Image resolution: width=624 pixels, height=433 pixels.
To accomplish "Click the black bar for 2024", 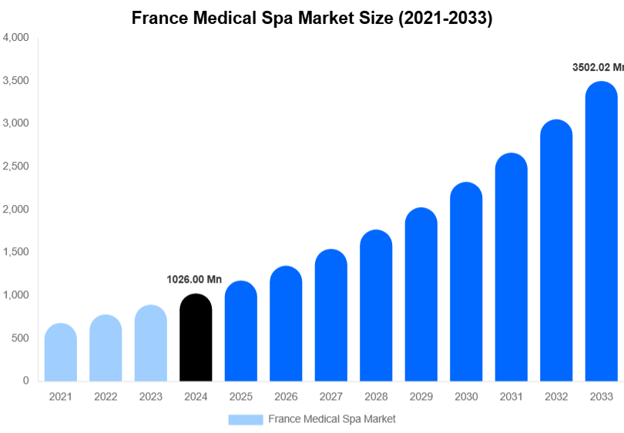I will coord(196,339).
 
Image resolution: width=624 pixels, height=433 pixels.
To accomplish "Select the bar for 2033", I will coord(601,231).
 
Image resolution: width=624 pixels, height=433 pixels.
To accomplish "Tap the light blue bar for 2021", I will coord(61,353).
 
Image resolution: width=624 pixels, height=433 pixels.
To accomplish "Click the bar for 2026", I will coord(286,324).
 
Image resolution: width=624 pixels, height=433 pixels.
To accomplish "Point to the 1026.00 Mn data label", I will coord(194,280).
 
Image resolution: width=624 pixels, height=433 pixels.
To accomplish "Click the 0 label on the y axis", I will coord(25,381).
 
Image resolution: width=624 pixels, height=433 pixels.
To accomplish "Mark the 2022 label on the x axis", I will coord(106,397).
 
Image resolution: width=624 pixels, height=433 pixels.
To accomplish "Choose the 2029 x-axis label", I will coord(421,397).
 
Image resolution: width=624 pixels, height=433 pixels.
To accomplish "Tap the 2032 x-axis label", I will coord(556,397).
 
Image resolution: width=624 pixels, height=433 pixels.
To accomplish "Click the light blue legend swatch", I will coord(245,419).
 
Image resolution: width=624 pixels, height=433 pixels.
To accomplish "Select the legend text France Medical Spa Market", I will coord(332,419).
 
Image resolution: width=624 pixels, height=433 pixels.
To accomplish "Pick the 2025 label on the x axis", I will coord(240,397).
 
